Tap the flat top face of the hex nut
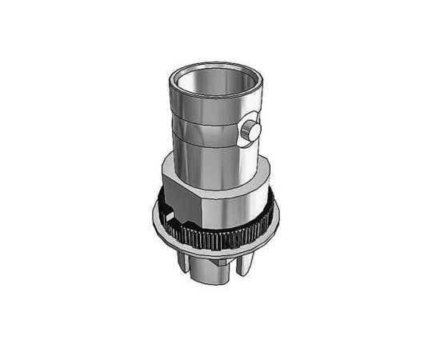point(180,162)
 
